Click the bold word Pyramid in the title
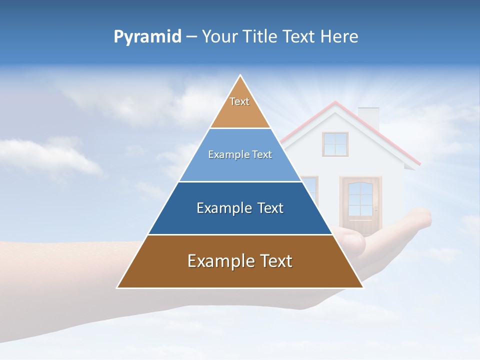[x=147, y=37]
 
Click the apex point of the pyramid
[x=240, y=76]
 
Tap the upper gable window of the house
[x=335, y=144]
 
